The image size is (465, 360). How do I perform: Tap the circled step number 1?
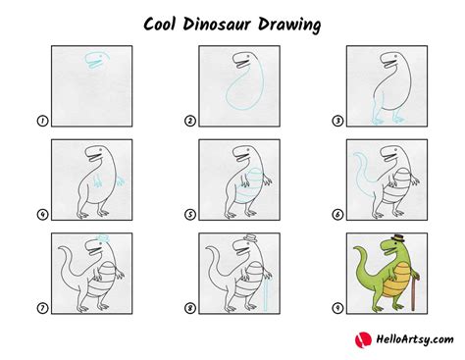coord(42,122)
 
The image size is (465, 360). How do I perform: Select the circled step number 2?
coord(189,122)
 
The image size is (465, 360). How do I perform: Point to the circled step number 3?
coord(336,122)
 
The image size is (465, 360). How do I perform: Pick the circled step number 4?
coord(42,215)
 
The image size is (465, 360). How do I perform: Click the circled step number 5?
coord(189,215)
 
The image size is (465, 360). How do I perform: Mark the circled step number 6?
coord(336,215)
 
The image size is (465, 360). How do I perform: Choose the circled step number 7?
coord(42,308)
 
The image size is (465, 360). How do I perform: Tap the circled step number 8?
coord(189,308)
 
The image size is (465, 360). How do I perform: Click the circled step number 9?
coord(336,308)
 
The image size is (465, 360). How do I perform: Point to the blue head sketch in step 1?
coord(95,60)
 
